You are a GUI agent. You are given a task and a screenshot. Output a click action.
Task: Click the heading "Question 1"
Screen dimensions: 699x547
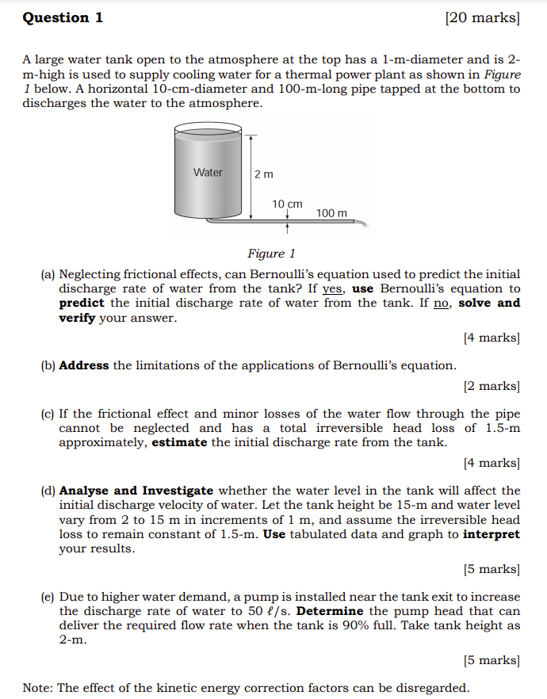click(63, 17)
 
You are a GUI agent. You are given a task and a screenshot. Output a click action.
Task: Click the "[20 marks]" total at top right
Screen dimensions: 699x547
click(483, 17)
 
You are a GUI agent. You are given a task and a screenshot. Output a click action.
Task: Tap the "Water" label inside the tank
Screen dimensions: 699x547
click(208, 173)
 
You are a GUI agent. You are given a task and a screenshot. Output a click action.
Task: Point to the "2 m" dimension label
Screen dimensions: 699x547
click(264, 174)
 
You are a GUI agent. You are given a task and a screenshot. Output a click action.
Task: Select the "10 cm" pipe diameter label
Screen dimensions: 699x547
click(287, 204)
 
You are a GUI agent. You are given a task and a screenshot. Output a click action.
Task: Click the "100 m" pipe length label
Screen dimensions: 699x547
click(331, 213)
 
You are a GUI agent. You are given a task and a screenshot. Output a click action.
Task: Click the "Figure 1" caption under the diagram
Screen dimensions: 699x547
click(271, 254)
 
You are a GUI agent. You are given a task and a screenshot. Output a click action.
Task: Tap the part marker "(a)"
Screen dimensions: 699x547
click(48, 274)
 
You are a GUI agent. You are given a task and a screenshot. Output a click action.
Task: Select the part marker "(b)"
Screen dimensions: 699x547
click(48, 365)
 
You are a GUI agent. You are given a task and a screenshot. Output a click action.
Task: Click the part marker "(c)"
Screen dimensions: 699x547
click(48, 414)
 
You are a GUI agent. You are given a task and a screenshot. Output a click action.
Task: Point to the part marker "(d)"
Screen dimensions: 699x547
click(48, 491)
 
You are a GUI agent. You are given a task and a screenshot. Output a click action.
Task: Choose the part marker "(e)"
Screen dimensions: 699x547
click(48, 597)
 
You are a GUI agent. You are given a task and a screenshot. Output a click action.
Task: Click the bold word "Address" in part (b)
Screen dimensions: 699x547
click(84, 365)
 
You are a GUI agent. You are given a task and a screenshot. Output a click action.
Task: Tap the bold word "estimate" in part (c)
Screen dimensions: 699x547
click(180, 442)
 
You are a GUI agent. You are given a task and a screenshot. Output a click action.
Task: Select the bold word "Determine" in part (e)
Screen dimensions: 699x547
click(329, 611)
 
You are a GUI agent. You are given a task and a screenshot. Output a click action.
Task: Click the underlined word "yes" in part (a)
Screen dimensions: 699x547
click(332, 288)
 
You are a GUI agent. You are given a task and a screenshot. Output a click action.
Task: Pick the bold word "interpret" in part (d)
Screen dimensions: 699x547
click(492, 533)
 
